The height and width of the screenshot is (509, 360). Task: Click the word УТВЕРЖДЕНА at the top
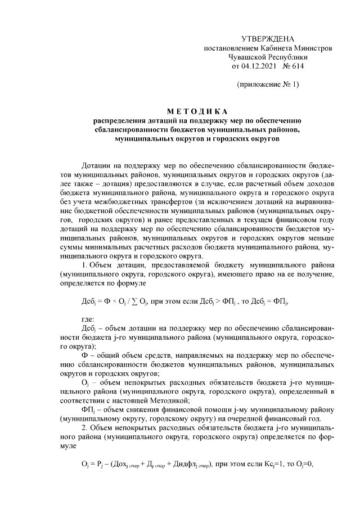tap(267, 39)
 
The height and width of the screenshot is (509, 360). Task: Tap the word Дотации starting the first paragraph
tap(96, 166)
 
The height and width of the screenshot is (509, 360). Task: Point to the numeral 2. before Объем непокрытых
tap(84, 428)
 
